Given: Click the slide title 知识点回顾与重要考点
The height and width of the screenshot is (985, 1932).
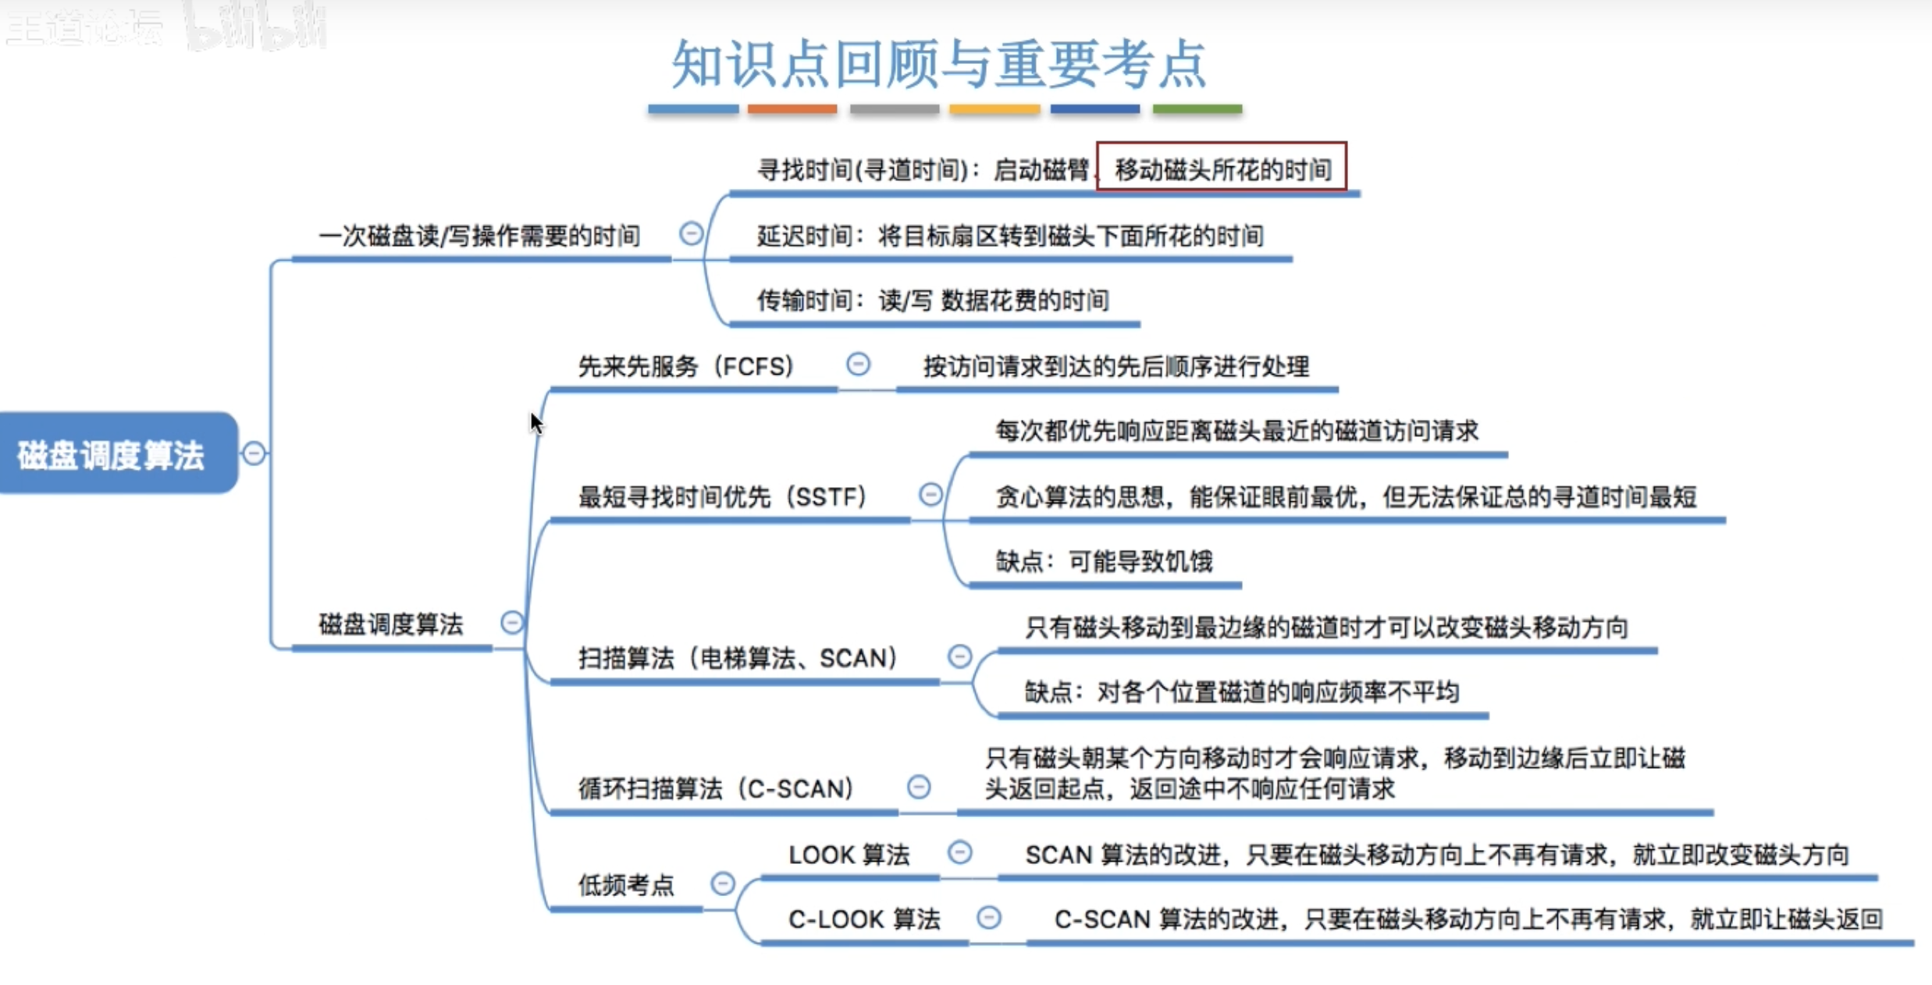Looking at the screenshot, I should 940,64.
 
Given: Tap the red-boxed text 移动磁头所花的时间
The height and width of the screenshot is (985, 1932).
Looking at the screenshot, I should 1222,169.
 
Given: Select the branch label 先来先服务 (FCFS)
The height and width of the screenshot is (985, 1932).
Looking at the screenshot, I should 686,366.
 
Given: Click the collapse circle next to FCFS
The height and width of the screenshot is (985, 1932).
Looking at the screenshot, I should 858,364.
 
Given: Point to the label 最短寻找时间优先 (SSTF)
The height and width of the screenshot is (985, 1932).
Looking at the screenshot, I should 722,496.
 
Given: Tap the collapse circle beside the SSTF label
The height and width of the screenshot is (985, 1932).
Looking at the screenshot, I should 930,494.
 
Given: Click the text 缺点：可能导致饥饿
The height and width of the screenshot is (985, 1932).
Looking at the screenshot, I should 1104,561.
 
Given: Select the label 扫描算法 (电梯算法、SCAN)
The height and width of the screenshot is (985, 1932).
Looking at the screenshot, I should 738,658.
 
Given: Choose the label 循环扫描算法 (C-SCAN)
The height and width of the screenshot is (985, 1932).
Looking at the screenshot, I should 716,788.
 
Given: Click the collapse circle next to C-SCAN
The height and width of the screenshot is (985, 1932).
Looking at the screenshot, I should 919,786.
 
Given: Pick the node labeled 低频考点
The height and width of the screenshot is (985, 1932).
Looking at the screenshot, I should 626,885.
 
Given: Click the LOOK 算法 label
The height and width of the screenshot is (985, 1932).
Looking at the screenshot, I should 849,855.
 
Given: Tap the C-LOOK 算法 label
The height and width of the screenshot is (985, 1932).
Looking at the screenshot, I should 864,919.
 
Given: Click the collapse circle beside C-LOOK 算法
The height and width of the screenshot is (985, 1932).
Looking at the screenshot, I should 989,917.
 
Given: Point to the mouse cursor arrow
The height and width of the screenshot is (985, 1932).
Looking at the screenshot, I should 535,423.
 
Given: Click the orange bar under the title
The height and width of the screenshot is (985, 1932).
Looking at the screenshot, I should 792,109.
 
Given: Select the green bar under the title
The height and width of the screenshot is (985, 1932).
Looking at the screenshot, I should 1197,109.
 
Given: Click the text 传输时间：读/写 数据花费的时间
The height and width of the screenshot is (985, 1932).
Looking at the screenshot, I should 933,300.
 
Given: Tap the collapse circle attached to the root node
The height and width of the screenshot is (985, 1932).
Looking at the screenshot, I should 254,453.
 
